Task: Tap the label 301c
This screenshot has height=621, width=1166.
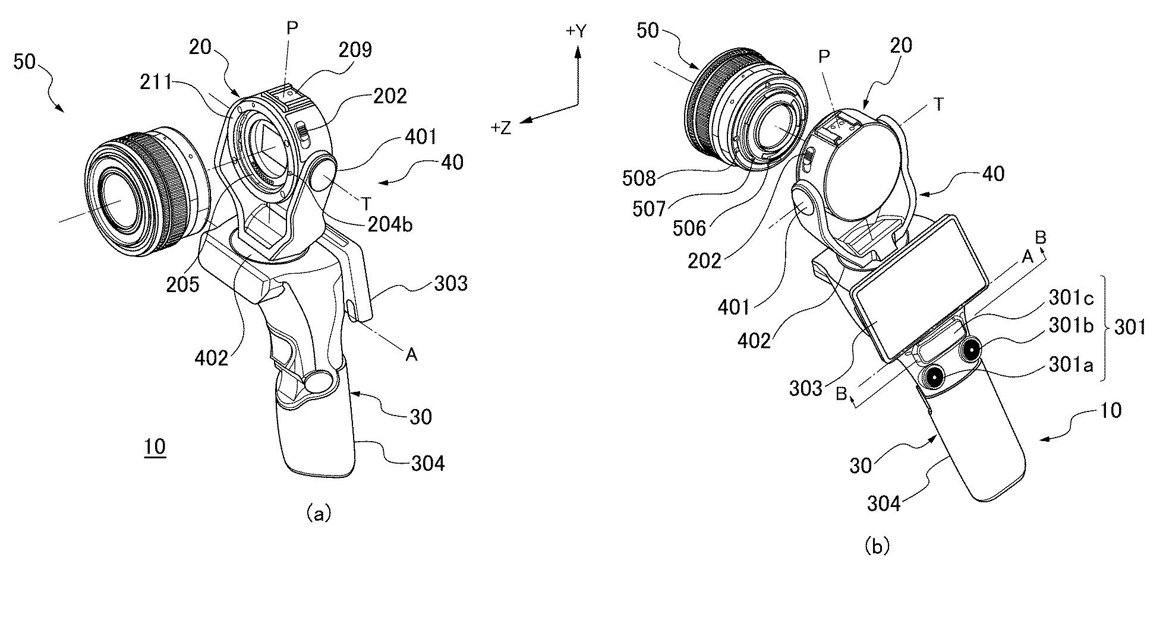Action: [1071, 297]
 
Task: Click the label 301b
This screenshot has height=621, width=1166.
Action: [1071, 326]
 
